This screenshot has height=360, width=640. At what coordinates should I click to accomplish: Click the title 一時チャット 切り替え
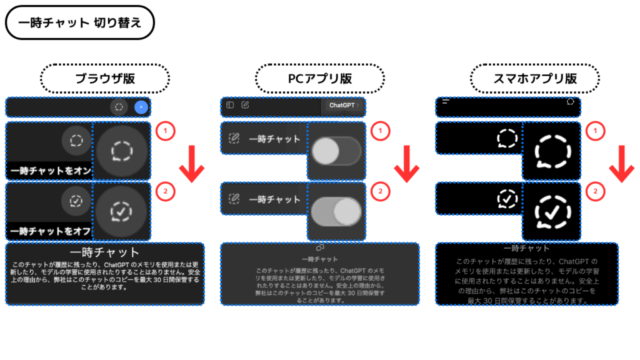pyautogui.click(x=79, y=23)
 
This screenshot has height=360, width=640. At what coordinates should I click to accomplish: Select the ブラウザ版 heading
pyautogui.click(x=105, y=79)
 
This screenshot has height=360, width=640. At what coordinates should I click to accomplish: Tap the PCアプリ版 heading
pyautogui.click(x=319, y=79)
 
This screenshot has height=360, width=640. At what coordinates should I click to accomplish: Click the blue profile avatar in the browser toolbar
pyautogui.click(x=141, y=107)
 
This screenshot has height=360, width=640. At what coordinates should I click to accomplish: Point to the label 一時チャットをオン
pyautogui.click(x=50, y=171)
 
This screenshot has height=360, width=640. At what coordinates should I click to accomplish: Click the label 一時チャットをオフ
pyautogui.click(x=50, y=231)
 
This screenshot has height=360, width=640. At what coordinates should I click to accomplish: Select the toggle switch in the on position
pyautogui.click(x=336, y=211)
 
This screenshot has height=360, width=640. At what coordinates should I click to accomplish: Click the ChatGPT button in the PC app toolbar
pyautogui.click(x=342, y=106)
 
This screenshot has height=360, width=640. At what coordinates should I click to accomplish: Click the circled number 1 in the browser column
pyautogui.click(x=165, y=131)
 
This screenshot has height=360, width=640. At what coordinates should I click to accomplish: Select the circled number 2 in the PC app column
pyautogui.click(x=380, y=191)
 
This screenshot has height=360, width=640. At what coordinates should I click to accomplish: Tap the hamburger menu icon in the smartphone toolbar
pyautogui.click(x=446, y=101)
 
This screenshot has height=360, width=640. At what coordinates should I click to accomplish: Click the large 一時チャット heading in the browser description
pyautogui.click(x=105, y=252)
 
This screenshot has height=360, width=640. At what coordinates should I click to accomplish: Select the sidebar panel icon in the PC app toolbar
pyautogui.click(x=230, y=105)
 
